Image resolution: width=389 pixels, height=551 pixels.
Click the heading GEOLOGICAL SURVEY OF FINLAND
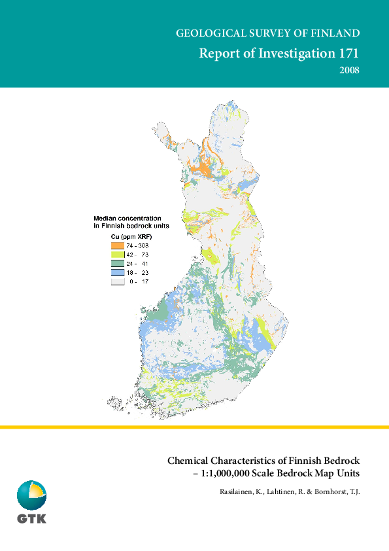coord(268,33)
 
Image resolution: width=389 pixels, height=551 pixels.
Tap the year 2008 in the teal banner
coord(350,70)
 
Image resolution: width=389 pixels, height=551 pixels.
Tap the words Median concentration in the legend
coord(127,217)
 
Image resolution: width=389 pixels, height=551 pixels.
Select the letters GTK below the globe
coord(31,520)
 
